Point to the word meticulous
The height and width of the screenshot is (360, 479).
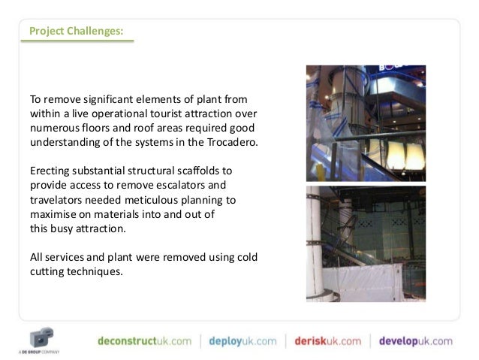pyautogui.click(x=158, y=200)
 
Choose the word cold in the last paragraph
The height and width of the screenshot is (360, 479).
pyautogui.click(x=244, y=257)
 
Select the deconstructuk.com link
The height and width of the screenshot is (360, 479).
pyautogui.click(x=144, y=340)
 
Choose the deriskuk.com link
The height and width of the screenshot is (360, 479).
pyautogui.click(x=327, y=340)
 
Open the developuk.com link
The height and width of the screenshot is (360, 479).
pyautogui.click(x=415, y=340)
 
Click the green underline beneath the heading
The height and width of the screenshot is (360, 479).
pyautogui.click(x=75, y=41)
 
